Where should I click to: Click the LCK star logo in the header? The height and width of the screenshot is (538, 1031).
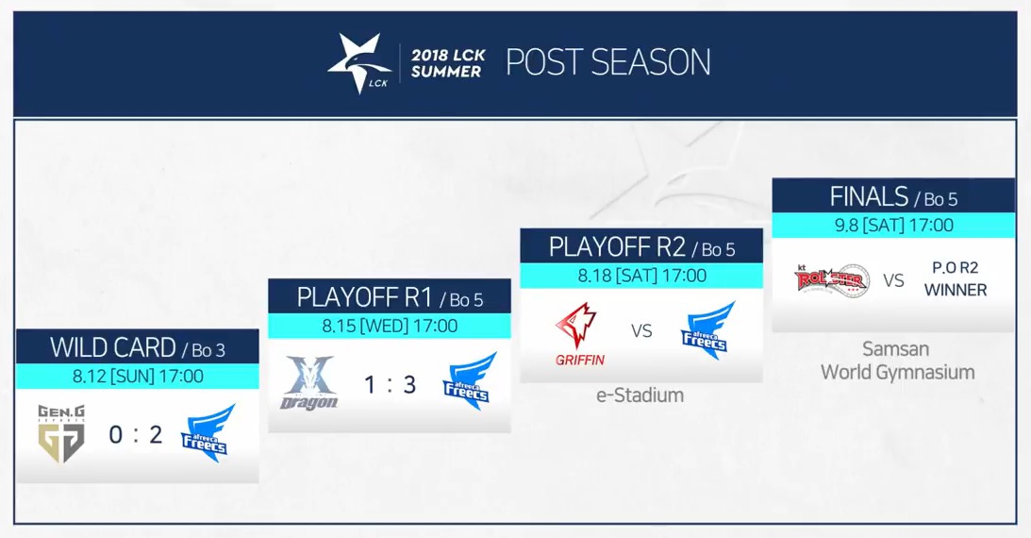point(359,63)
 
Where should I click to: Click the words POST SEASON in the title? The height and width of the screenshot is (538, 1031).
point(608,63)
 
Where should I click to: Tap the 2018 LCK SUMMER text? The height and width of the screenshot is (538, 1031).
point(448,64)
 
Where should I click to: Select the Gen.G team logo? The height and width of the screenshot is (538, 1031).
point(61,434)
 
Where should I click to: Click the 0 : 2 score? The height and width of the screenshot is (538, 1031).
point(136,435)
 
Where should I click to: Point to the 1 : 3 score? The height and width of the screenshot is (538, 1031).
point(390,385)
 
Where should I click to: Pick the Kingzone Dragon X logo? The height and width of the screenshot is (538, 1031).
point(309,383)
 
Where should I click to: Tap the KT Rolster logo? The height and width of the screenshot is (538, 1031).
point(832,280)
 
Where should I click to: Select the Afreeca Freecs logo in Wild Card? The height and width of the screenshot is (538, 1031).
point(208,433)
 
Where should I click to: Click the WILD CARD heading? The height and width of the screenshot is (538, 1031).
point(112,348)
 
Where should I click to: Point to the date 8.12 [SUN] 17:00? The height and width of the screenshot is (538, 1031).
point(138,377)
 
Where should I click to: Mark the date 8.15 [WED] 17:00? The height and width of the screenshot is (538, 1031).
point(390,327)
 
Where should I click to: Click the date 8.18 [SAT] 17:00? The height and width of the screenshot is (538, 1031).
point(642,276)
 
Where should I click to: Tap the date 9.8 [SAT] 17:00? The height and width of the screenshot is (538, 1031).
point(894,226)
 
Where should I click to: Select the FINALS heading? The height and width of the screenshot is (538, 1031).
point(869,196)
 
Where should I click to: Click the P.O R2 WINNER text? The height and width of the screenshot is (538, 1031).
point(956,278)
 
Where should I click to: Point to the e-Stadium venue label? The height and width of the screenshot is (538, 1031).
point(640,395)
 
